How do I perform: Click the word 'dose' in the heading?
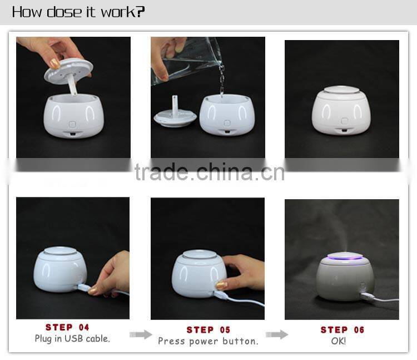pos(64,12)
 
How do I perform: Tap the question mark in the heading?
pos(140,12)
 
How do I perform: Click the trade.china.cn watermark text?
pos(209,172)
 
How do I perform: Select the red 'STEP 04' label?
pos(67,328)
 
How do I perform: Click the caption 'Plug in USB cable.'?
pos(72,338)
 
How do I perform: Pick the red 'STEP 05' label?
pos(208,330)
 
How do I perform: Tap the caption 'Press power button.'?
pos(208,341)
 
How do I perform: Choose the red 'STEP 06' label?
pos(342,330)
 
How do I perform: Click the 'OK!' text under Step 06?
pos(338,341)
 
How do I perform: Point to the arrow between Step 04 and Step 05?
pos(141,334)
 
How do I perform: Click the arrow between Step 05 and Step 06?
pos(277,334)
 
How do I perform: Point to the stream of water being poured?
pos(222,81)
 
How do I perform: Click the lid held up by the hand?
pos(69,71)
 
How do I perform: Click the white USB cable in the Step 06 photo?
pos(384,300)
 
